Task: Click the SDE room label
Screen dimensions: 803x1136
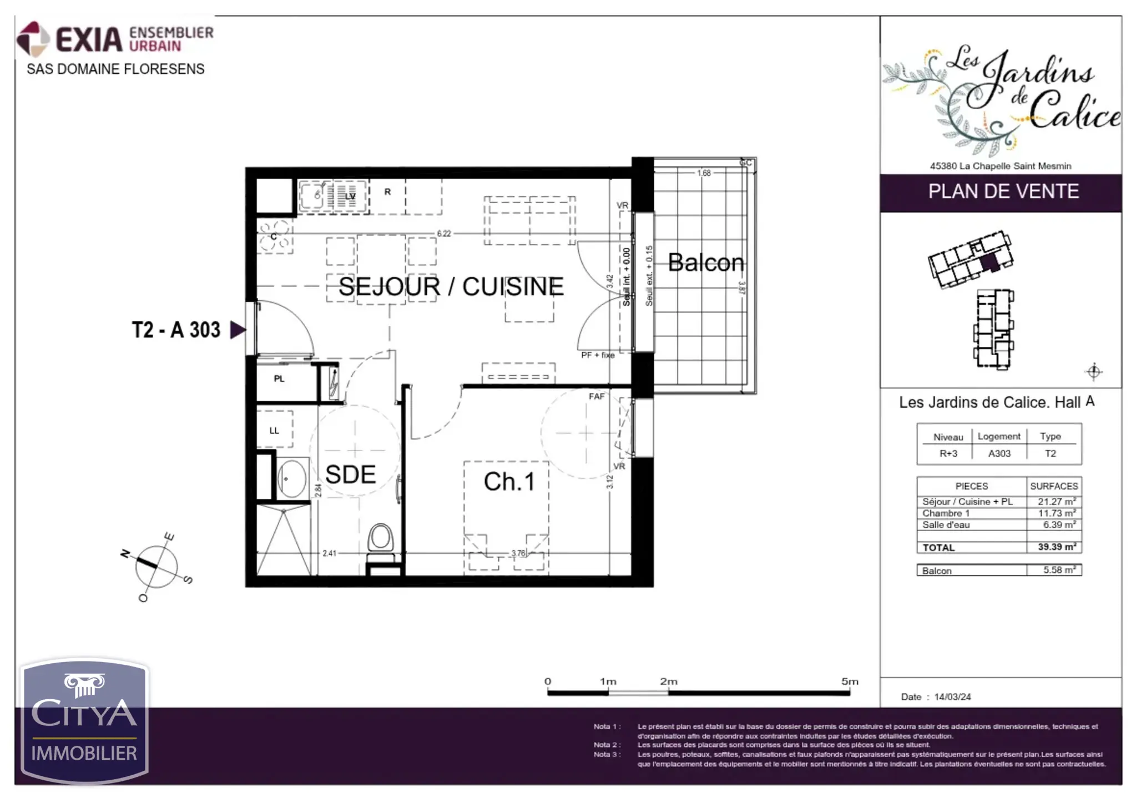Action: (350, 474)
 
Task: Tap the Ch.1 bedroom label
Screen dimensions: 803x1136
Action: (509, 482)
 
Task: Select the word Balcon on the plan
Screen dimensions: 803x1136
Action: (705, 262)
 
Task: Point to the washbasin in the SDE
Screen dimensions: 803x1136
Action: (291, 478)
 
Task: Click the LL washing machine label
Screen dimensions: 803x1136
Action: (274, 431)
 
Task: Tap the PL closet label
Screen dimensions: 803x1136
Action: (279, 378)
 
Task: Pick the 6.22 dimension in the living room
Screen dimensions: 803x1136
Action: (444, 234)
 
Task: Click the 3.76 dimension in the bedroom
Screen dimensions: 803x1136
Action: (518, 553)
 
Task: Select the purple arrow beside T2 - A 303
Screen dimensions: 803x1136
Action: (238, 330)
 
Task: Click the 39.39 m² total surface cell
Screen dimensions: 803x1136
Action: (1056, 547)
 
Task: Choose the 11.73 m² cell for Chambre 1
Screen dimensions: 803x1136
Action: (1056, 513)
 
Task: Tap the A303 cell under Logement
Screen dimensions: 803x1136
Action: (999, 453)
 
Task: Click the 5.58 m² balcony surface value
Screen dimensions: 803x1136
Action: (1059, 570)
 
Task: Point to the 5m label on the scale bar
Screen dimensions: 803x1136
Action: (849, 681)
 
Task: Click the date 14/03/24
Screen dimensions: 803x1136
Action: (952, 696)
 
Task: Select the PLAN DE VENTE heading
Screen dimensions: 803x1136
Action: (1003, 191)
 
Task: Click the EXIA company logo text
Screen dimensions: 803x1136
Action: (89, 39)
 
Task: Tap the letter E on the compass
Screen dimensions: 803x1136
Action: (169, 537)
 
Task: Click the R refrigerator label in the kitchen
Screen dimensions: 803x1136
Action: (387, 191)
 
